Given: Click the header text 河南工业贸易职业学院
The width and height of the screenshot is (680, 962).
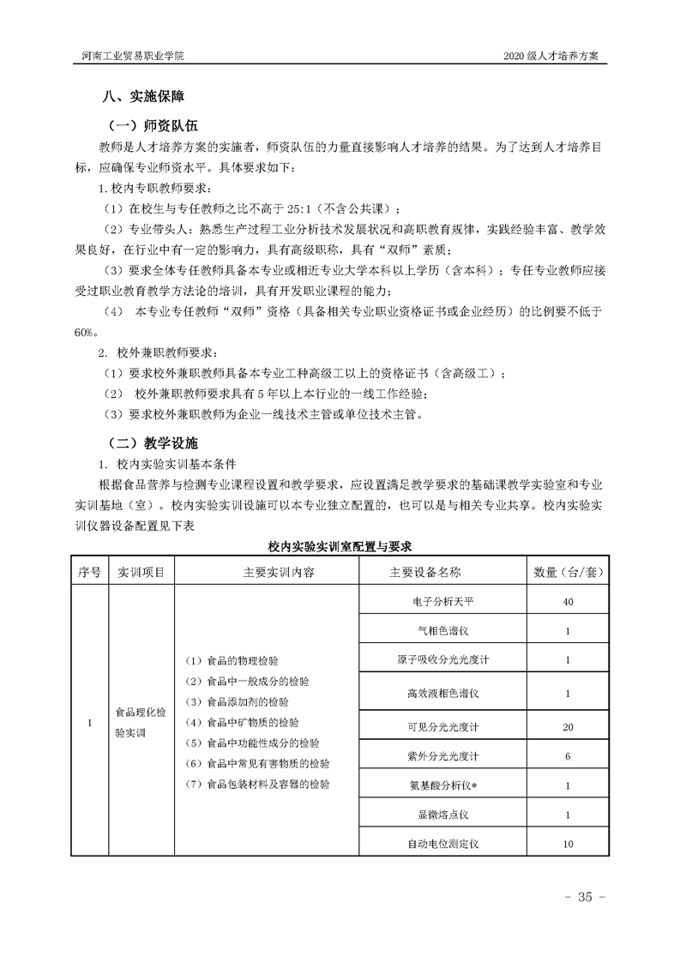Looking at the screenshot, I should point(126,55).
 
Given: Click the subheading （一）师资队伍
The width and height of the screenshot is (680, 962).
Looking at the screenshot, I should point(155,125).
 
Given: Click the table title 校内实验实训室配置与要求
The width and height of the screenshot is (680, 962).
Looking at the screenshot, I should point(340,545).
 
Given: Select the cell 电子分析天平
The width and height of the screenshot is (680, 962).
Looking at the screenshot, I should point(442,602).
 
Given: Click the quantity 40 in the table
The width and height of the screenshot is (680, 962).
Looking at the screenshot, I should point(568,602).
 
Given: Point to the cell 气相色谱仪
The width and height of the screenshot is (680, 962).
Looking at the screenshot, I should point(442,631).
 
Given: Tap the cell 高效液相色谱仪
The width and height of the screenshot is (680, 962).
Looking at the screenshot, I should point(442,693).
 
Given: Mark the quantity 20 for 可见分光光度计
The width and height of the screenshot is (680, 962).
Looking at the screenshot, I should point(568,727).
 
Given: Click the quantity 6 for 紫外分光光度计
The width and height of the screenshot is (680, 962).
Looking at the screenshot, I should point(568,756).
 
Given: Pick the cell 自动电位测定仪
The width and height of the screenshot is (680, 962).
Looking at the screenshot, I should point(442,844).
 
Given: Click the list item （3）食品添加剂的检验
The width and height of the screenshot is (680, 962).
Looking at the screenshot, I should point(237,701).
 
